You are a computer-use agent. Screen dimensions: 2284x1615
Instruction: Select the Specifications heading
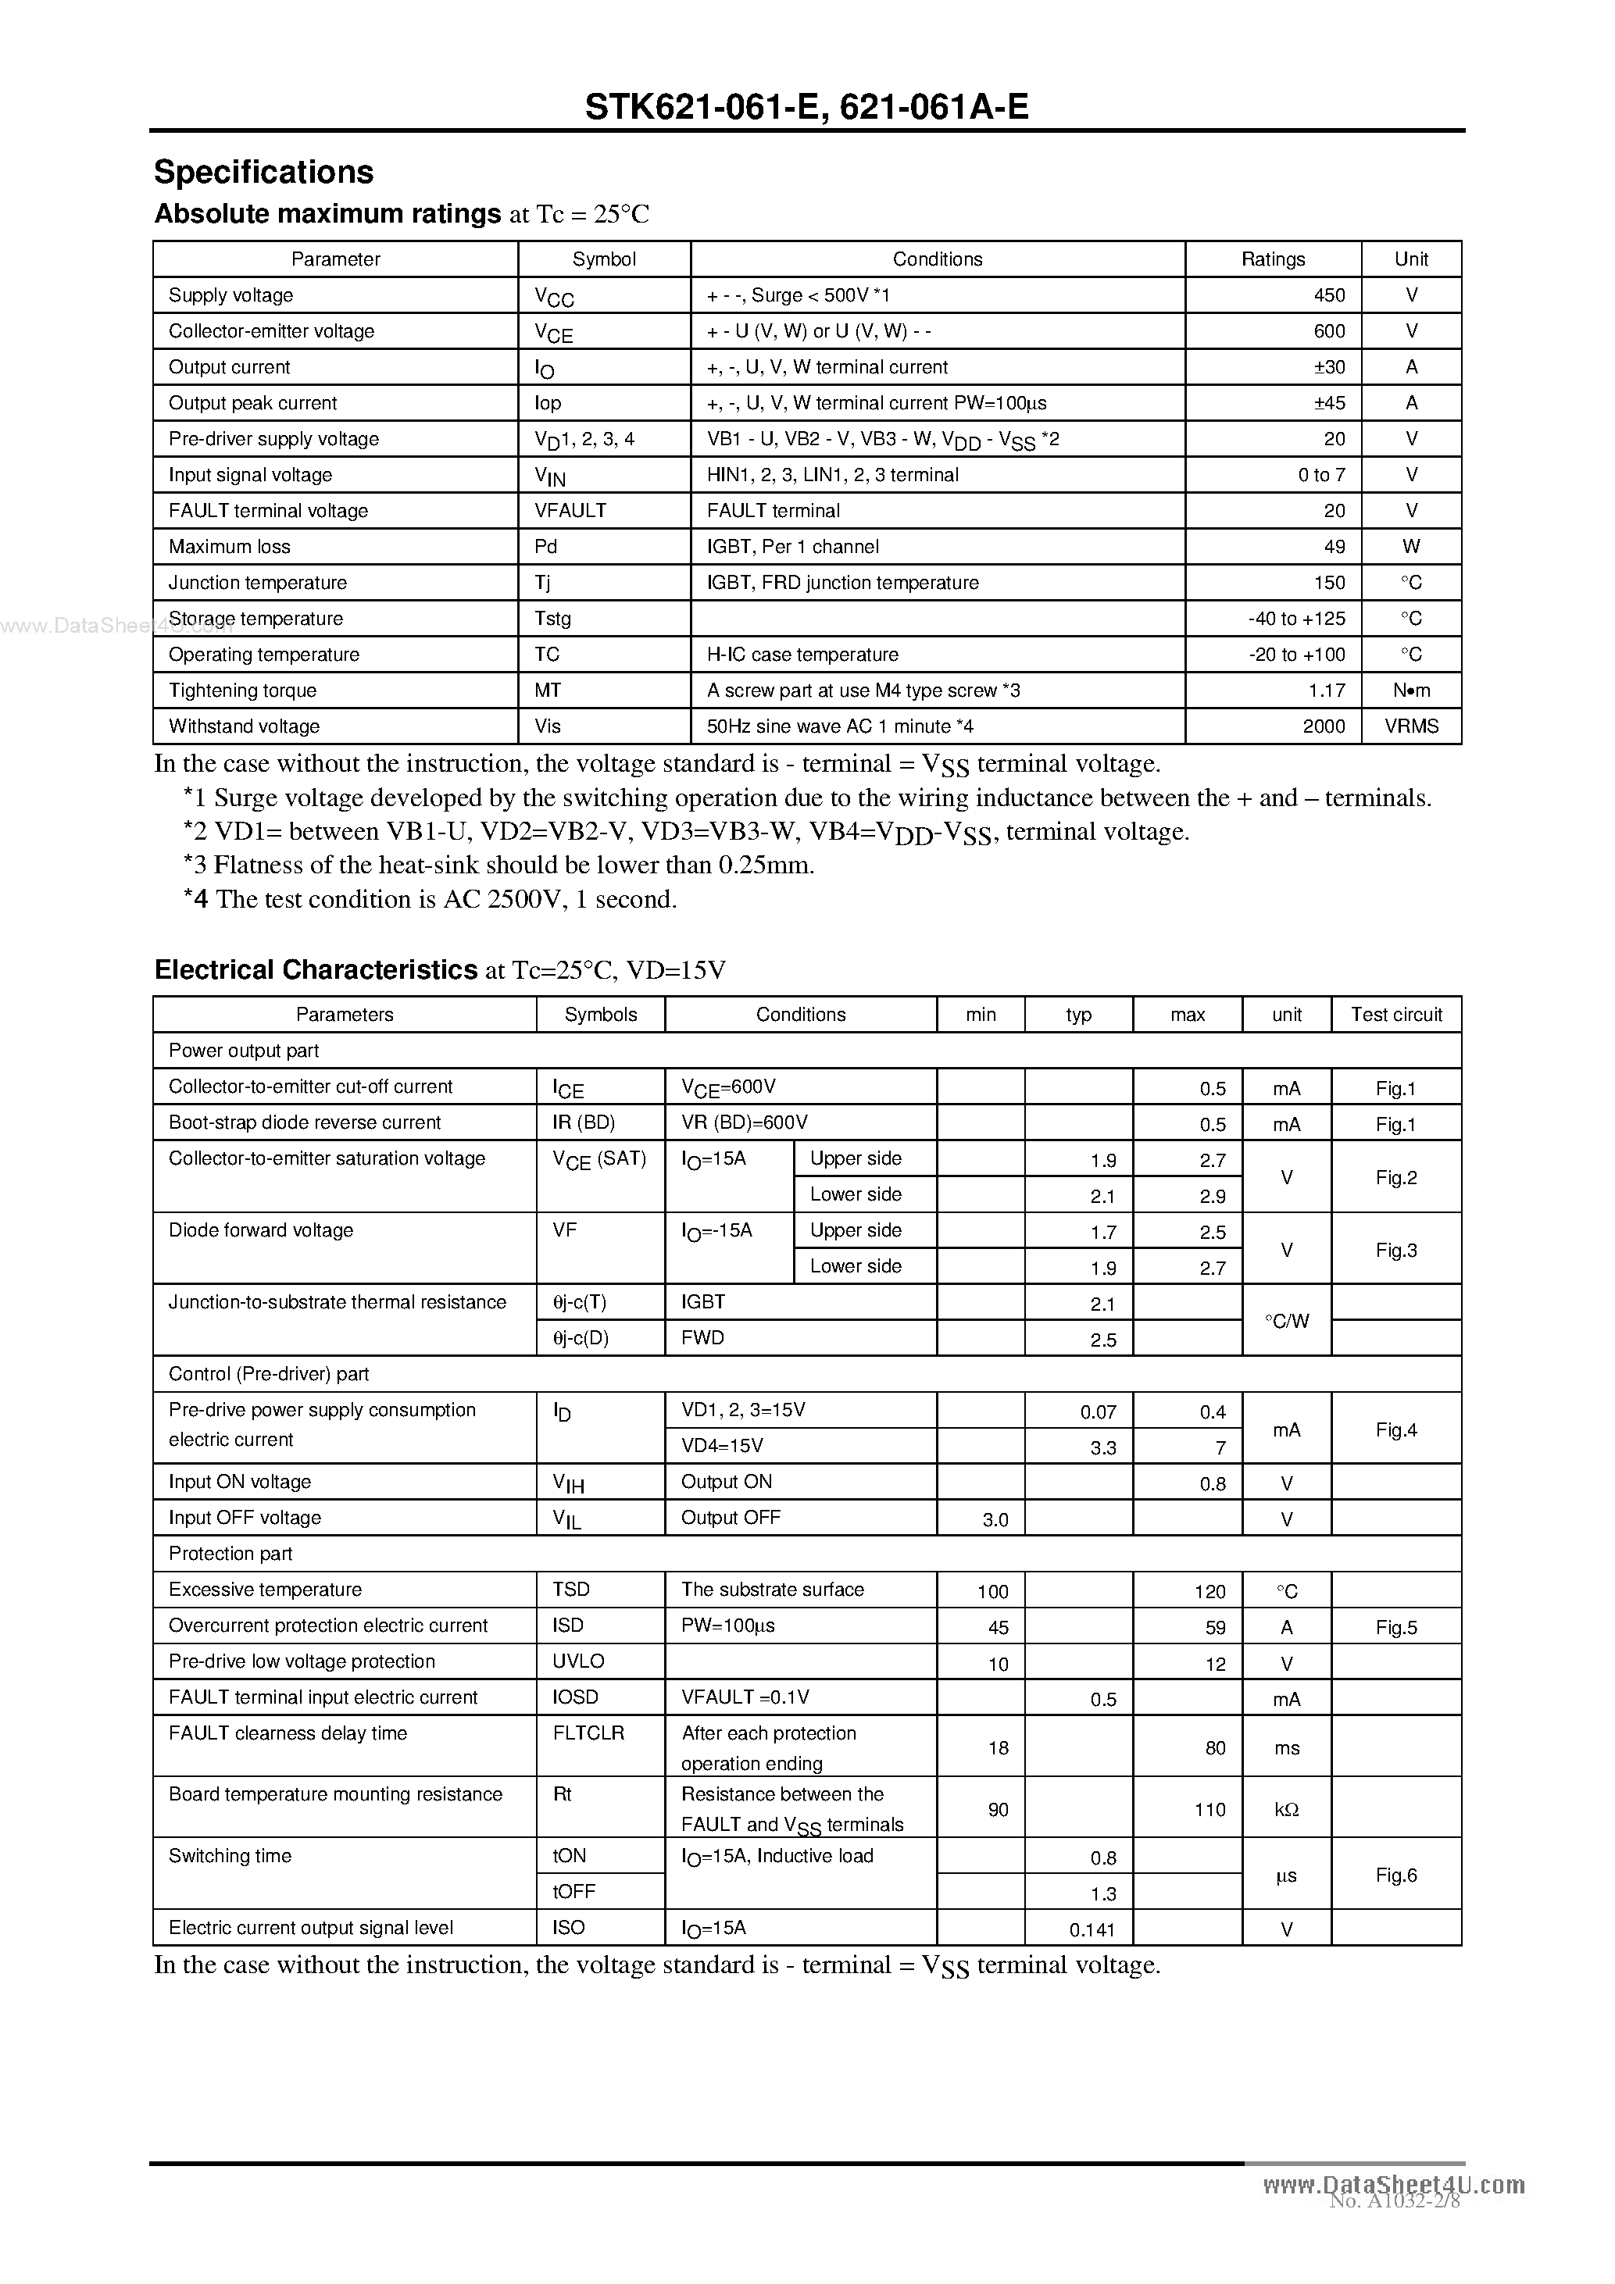(263, 172)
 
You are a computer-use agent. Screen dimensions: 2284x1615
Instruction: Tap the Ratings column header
(1272, 259)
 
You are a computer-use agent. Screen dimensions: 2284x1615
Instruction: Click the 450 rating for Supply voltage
(1328, 295)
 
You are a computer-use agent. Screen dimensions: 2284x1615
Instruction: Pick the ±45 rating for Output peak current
(1328, 403)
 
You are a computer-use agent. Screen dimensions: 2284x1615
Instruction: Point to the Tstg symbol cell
(553, 619)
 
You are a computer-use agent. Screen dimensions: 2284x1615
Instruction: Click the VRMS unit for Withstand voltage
(1410, 726)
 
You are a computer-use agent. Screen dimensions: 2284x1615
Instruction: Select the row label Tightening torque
(243, 691)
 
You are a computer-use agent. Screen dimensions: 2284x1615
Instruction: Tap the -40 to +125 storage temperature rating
(1295, 619)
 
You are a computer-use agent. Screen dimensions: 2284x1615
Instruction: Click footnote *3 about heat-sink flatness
(498, 865)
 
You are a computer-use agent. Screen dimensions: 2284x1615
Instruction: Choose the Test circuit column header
(1395, 1015)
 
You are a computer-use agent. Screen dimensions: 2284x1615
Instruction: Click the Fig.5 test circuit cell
(1395, 1627)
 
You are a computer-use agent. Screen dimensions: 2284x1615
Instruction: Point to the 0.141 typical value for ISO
(1092, 1930)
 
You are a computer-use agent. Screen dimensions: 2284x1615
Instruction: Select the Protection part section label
(230, 1554)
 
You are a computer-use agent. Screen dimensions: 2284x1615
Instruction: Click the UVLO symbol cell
(578, 1661)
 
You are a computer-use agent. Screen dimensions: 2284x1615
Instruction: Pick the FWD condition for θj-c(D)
(702, 1338)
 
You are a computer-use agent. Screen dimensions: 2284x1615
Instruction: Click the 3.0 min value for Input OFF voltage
(995, 1520)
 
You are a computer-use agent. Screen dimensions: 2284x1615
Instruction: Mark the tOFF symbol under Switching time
(574, 1891)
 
